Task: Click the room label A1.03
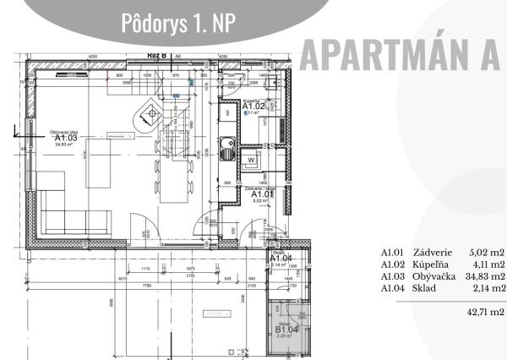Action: (x=65, y=137)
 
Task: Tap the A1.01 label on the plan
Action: (x=263, y=194)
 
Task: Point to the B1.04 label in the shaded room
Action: (x=282, y=328)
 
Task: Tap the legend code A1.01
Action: (x=393, y=252)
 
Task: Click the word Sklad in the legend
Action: (x=424, y=287)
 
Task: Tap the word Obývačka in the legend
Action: (x=435, y=275)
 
